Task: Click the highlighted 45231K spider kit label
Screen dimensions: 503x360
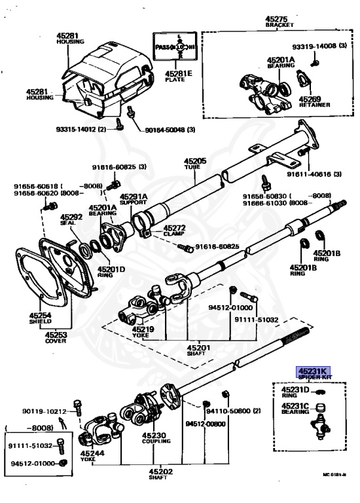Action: pos(314,373)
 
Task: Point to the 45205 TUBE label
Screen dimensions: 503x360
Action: pos(194,163)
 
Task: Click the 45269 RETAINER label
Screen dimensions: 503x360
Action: pos(315,102)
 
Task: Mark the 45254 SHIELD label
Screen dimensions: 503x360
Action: pos(41,319)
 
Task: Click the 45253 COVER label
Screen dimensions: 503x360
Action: pos(55,337)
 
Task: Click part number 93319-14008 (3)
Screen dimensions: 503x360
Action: pos(314,46)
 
